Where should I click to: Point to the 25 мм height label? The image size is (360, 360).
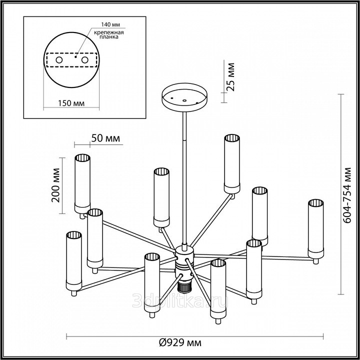coord(230,75)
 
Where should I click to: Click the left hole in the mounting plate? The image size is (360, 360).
coord(59,60)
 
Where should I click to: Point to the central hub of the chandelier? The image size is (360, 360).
coord(183,259)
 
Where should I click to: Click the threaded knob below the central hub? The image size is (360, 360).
coord(184,286)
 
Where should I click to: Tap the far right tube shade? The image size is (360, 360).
coord(315,227)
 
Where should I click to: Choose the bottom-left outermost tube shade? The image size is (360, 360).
coord(73,261)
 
